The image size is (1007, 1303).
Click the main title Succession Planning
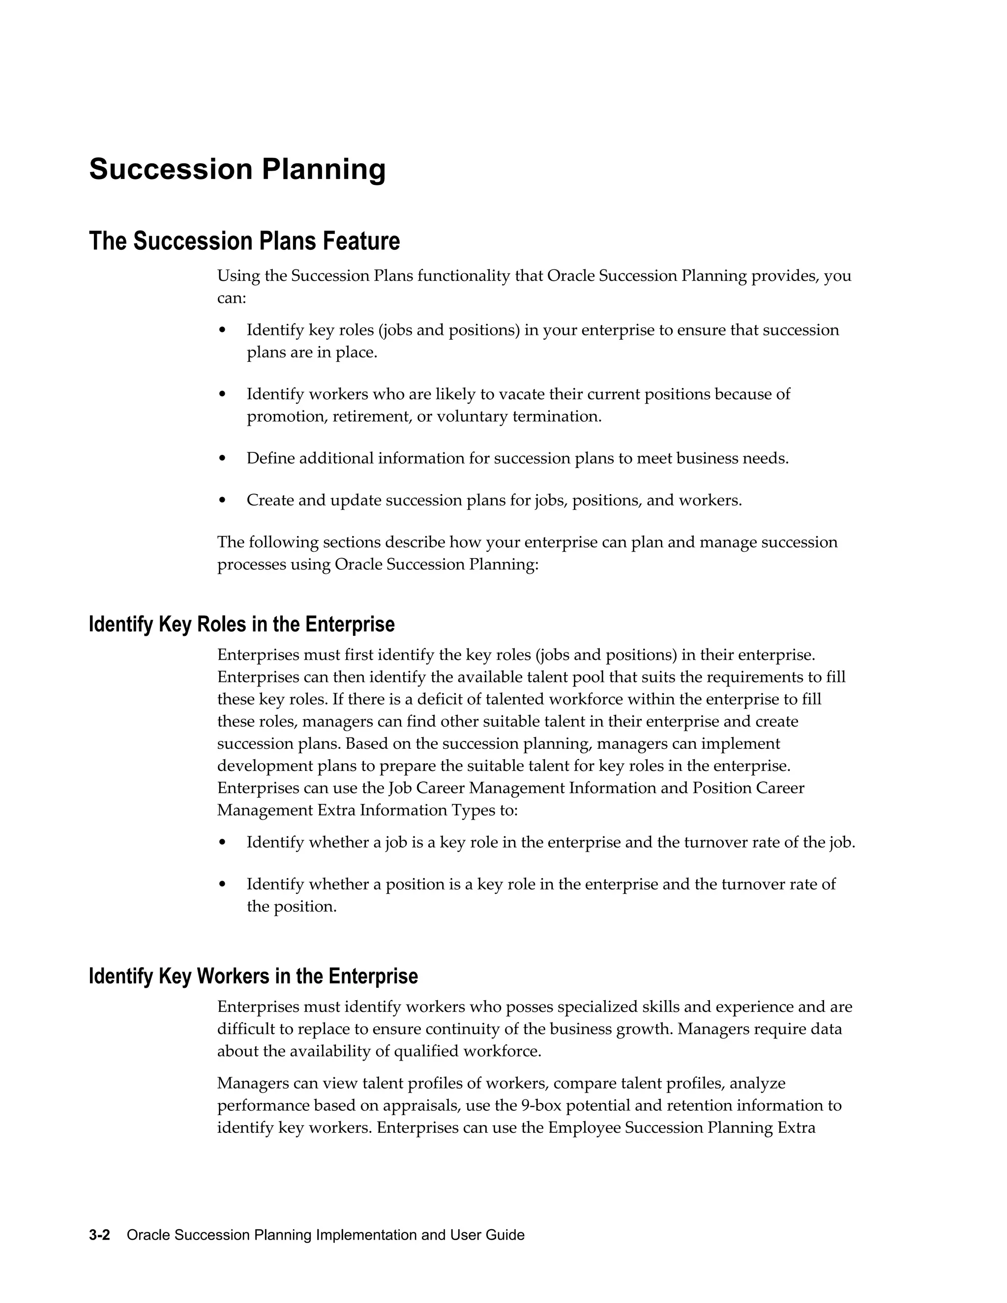[237, 170]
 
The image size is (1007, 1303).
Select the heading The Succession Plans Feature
[244, 241]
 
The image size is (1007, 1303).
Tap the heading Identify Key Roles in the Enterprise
[241, 624]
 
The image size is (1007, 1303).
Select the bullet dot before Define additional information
[223, 459]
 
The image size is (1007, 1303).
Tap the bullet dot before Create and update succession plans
[223, 501]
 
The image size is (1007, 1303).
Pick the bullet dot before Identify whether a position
[223, 885]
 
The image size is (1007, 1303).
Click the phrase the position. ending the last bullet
[292, 907]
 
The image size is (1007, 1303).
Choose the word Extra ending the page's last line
[797, 1127]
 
